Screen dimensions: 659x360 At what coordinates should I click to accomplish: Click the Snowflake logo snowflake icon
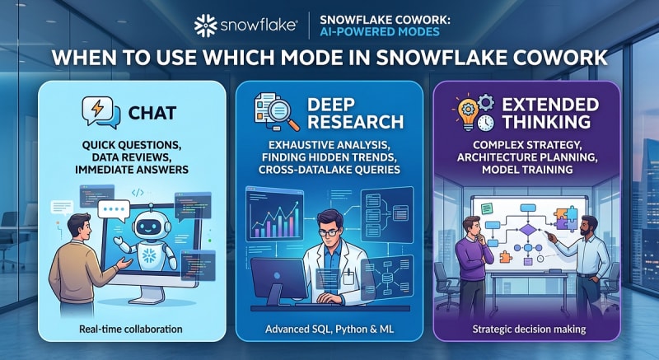(x=205, y=26)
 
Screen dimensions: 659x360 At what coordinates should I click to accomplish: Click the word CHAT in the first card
(x=152, y=113)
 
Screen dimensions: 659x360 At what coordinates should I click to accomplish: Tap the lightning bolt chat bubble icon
(x=101, y=112)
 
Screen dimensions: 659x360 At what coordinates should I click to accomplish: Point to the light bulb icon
(x=467, y=114)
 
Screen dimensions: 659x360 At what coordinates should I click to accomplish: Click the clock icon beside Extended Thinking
(x=486, y=122)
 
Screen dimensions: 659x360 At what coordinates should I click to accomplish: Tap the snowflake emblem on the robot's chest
(x=149, y=255)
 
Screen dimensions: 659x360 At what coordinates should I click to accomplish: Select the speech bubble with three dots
(x=114, y=210)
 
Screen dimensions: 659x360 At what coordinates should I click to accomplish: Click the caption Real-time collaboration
(x=131, y=329)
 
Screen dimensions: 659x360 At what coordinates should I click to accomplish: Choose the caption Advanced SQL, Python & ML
(x=329, y=329)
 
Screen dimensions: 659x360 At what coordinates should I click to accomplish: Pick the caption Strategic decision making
(x=529, y=329)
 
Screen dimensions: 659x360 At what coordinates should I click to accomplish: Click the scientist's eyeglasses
(x=329, y=232)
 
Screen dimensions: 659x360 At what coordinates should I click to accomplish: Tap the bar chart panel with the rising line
(x=275, y=214)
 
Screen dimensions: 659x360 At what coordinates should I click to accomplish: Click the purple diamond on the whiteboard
(x=528, y=230)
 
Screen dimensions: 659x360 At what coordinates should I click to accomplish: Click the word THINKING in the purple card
(x=546, y=122)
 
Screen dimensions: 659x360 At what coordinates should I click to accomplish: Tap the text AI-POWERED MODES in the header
(x=380, y=31)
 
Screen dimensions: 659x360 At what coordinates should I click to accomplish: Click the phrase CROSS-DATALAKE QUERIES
(x=329, y=169)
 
